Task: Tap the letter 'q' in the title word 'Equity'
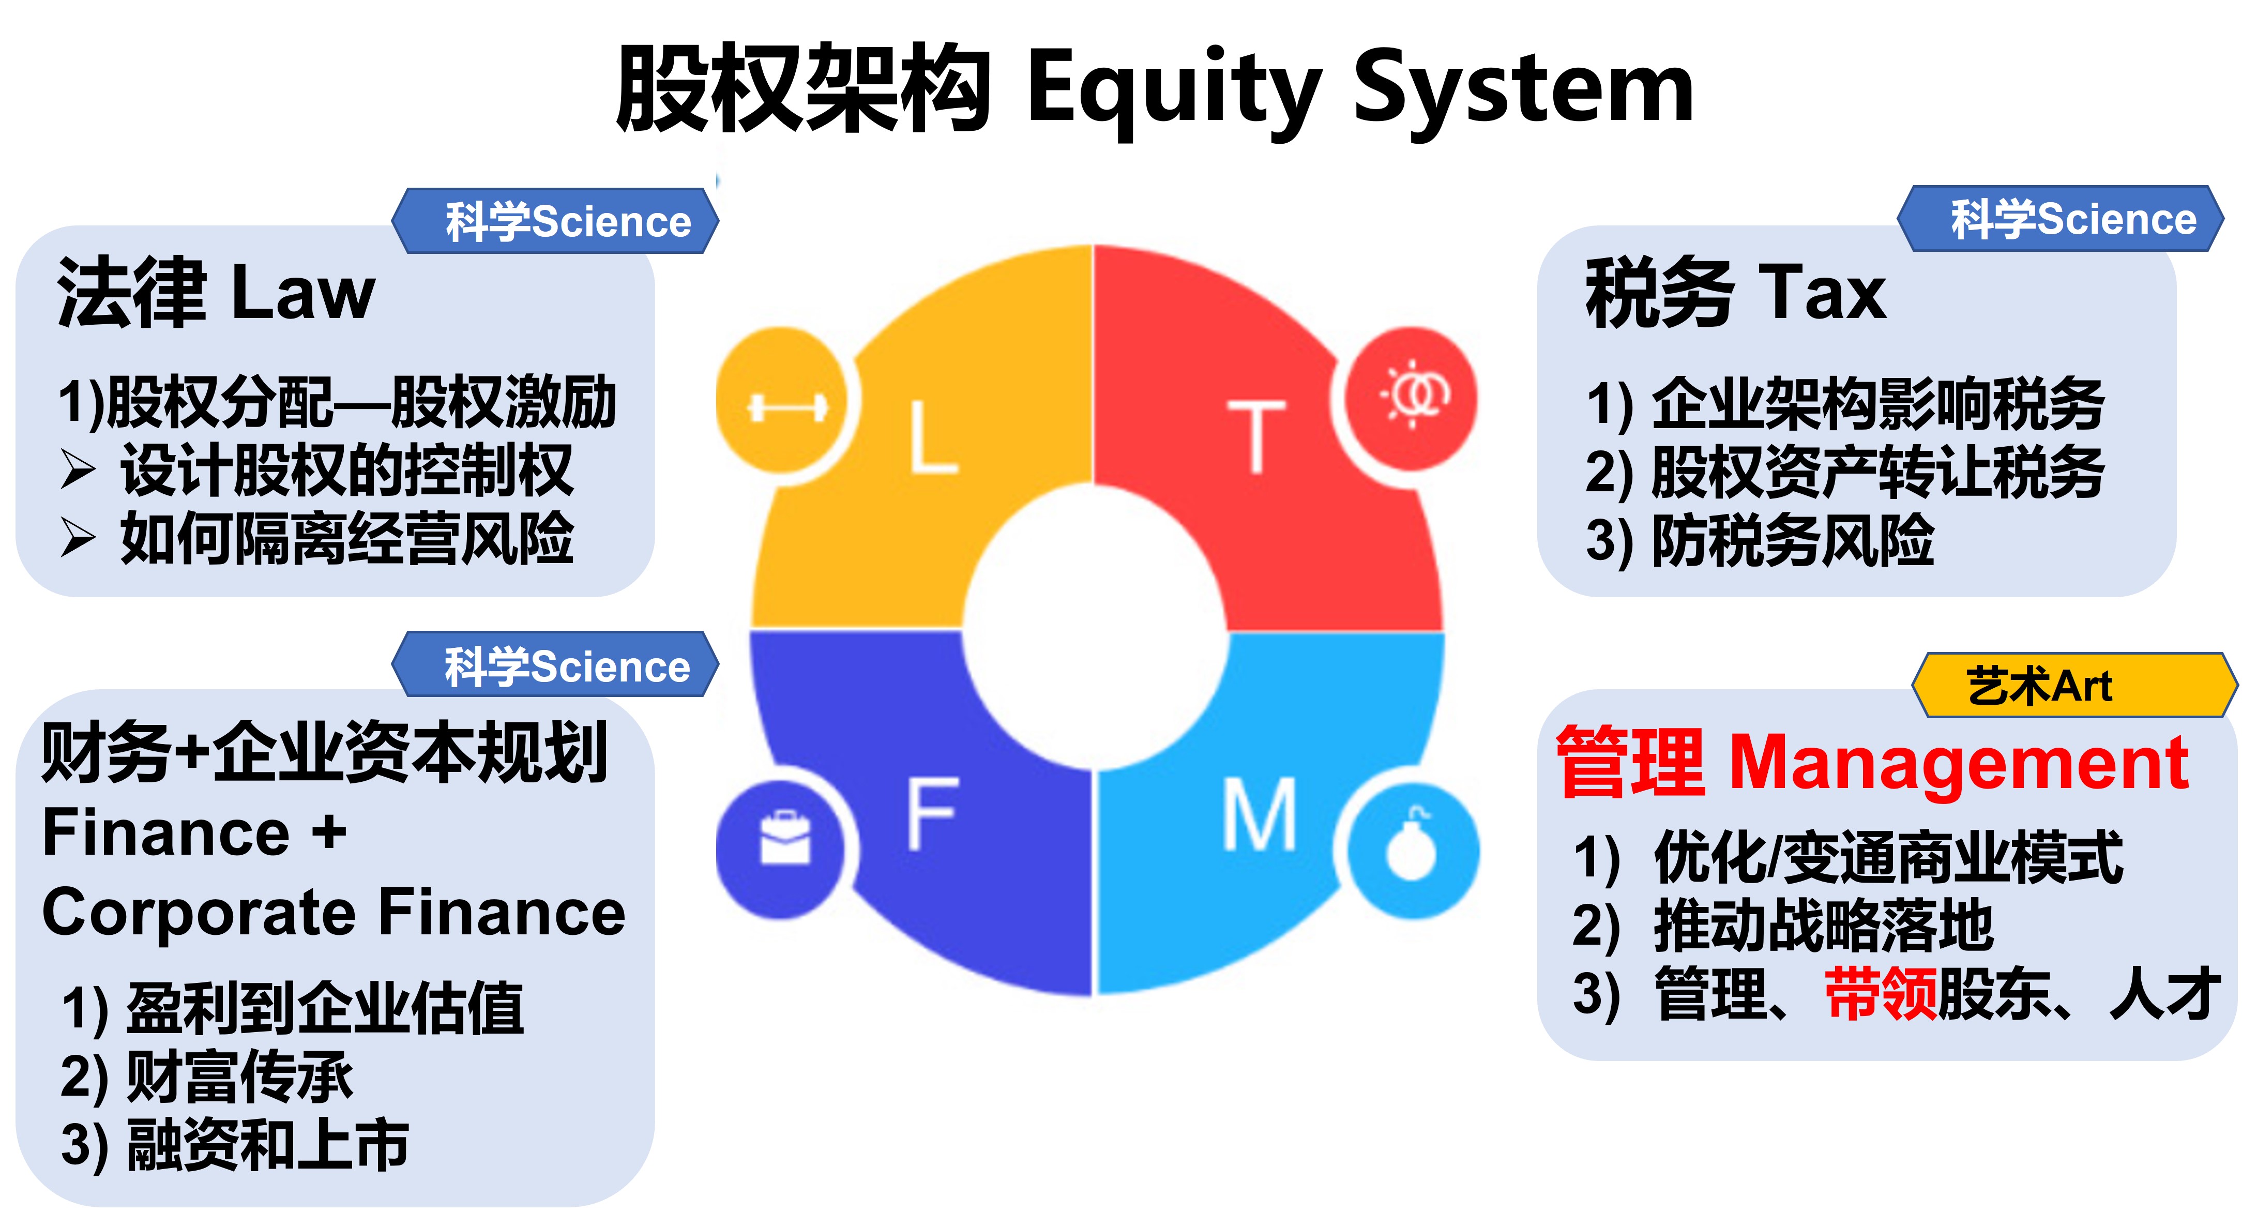pyautogui.click(x=1120, y=96)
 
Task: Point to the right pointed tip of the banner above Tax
pyautogui.click(x=2224, y=219)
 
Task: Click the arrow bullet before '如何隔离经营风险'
pyautogui.click(x=78, y=537)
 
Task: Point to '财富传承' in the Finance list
pyautogui.click(x=240, y=1076)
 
